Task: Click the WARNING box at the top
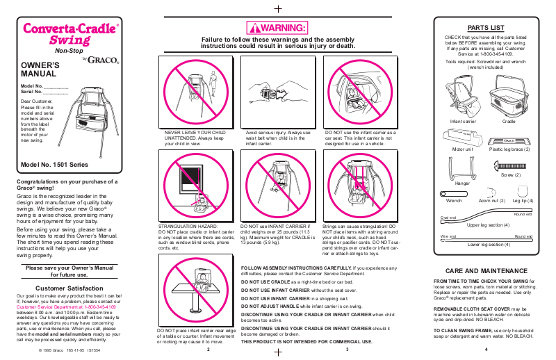click(277, 28)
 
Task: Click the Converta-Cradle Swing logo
click(71, 34)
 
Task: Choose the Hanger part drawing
click(463, 168)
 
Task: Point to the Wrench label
click(454, 200)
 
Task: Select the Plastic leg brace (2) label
click(509, 149)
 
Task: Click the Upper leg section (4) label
click(487, 224)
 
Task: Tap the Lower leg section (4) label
click(487, 245)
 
